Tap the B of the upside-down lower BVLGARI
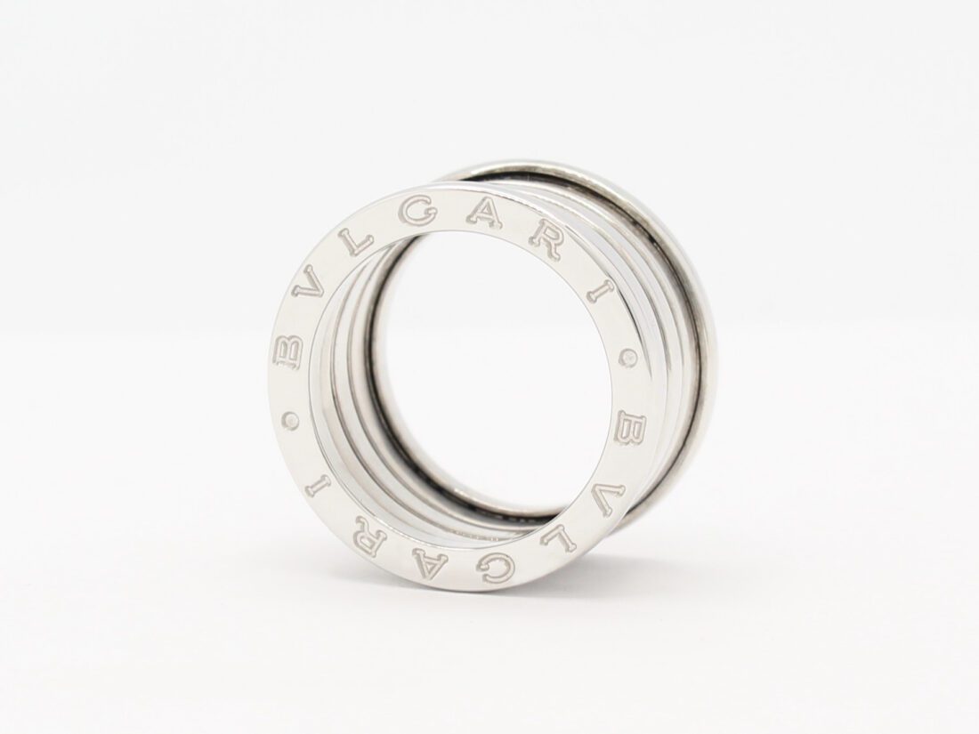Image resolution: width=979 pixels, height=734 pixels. (632, 432)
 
